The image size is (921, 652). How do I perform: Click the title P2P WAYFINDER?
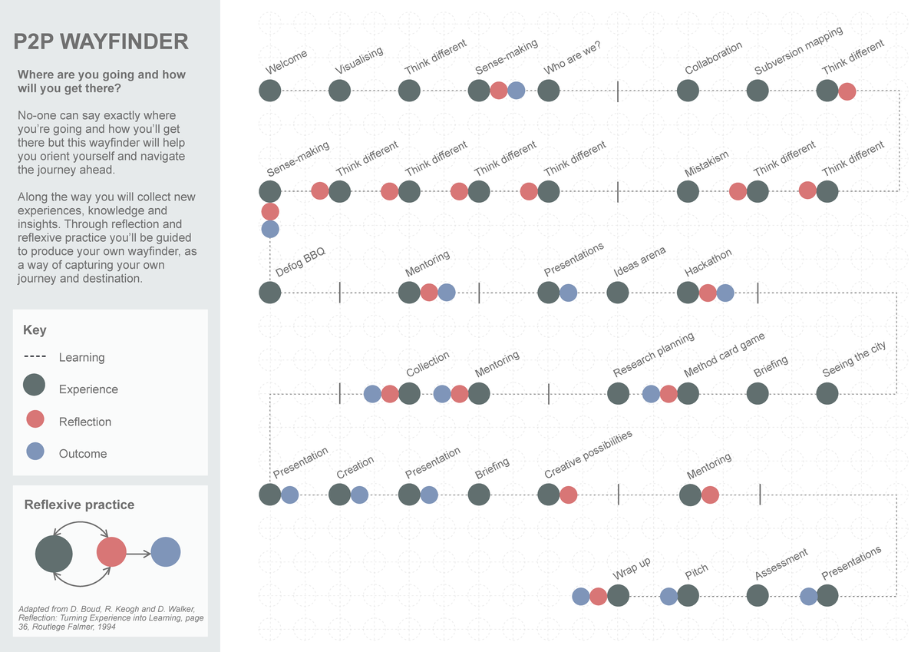101,42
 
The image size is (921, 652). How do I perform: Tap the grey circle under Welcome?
270,91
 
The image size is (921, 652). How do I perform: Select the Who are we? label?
572,58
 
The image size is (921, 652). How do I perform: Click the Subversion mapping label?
798,51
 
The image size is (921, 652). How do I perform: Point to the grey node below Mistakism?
688,191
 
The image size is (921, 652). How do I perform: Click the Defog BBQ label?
301,263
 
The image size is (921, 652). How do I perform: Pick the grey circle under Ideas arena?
618,293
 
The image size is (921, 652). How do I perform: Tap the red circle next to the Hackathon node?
708,293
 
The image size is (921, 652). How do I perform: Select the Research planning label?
653,355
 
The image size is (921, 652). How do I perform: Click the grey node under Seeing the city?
827,394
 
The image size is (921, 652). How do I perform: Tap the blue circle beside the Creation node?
359,495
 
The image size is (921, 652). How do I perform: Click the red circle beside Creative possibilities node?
568,495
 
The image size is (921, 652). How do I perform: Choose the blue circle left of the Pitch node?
668,596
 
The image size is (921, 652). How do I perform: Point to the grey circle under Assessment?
758,596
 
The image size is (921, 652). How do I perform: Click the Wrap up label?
632,568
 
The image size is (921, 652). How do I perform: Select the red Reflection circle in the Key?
35,419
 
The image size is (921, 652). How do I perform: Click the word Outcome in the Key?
83,454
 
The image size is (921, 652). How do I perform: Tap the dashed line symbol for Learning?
35,357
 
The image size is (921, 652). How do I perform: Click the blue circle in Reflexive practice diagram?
166,552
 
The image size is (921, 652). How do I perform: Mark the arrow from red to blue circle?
138,552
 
